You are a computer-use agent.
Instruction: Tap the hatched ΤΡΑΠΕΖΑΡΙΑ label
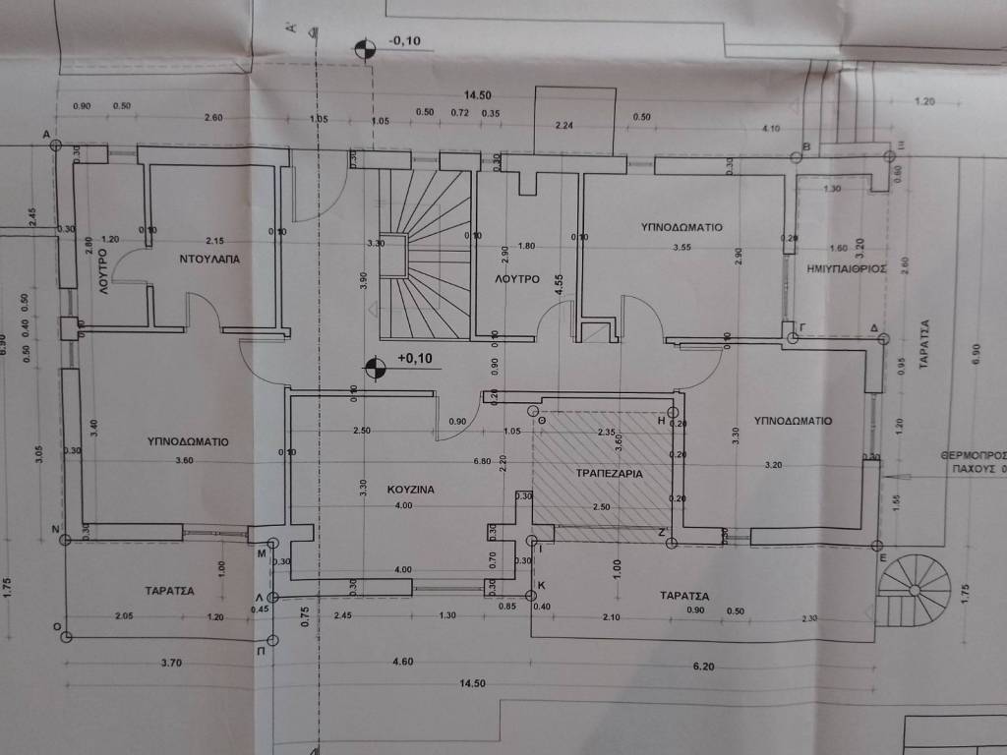(609, 473)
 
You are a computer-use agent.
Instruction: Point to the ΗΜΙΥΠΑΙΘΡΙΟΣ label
(847, 266)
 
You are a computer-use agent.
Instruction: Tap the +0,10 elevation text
(414, 358)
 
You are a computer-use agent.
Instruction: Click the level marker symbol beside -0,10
(364, 49)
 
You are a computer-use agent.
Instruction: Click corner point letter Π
(260, 651)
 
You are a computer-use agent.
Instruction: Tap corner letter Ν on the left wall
(56, 528)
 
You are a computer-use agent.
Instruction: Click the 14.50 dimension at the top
(478, 94)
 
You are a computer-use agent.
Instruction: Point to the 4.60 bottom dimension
(401, 663)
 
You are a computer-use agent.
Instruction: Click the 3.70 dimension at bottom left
(171, 663)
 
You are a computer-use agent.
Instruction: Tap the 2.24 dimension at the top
(564, 125)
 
